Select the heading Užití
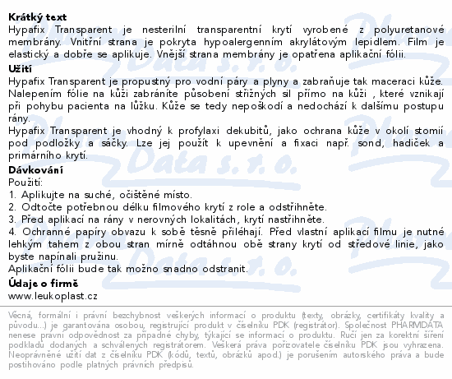pos(19,71)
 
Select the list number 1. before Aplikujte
pos(12,194)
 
